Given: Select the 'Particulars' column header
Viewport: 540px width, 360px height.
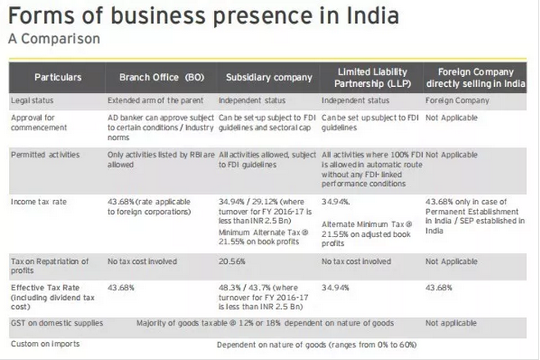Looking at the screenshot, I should pyautogui.click(x=58, y=77).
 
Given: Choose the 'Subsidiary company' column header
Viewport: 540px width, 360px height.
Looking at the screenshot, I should pyautogui.click(x=269, y=77).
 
